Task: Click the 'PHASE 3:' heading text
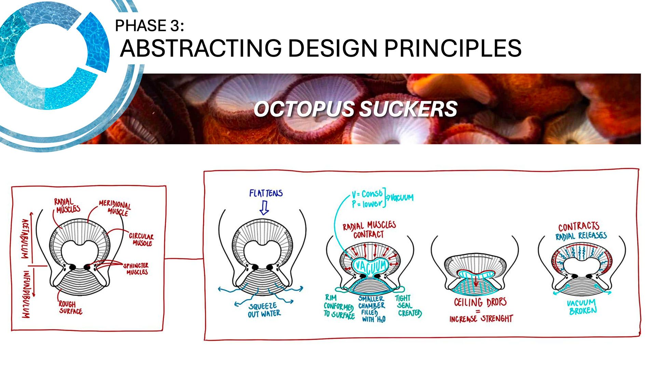[149, 26]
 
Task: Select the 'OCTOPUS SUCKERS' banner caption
[355, 109]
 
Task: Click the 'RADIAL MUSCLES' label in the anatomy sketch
[67, 206]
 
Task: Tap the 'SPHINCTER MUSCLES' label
[136, 269]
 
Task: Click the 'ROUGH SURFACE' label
[70, 307]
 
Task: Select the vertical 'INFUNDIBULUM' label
[26, 294]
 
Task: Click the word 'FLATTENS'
[266, 193]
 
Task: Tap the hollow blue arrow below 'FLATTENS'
[264, 207]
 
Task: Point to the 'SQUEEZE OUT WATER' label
[264, 310]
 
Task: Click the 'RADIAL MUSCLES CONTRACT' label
[369, 230]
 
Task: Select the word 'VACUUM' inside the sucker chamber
[371, 266]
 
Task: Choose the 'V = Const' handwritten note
[367, 194]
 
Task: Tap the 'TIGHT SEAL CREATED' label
[408, 305]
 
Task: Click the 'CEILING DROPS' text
[480, 302]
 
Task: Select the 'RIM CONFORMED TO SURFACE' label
[339, 306]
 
